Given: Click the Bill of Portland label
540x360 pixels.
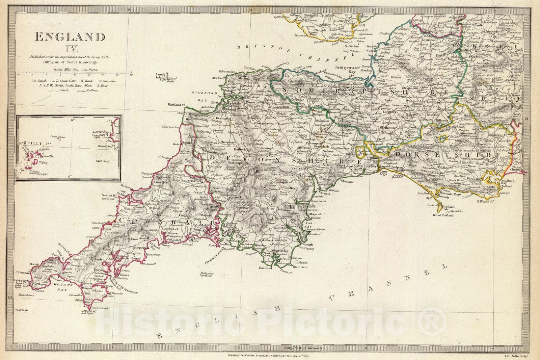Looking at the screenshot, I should pos(443,215).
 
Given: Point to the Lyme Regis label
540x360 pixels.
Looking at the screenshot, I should pos(375,174).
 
